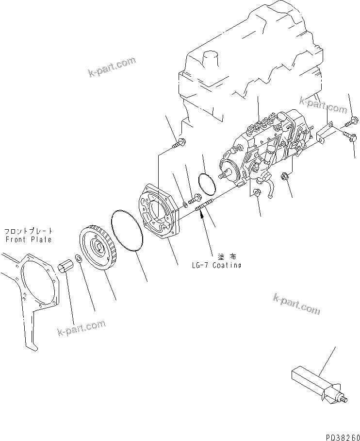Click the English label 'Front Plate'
pos(28,239)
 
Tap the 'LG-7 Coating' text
pos(216,266)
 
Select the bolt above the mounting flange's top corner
pos(179,142)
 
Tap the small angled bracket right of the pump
pos(323,133)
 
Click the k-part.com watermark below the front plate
pos(81,328)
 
